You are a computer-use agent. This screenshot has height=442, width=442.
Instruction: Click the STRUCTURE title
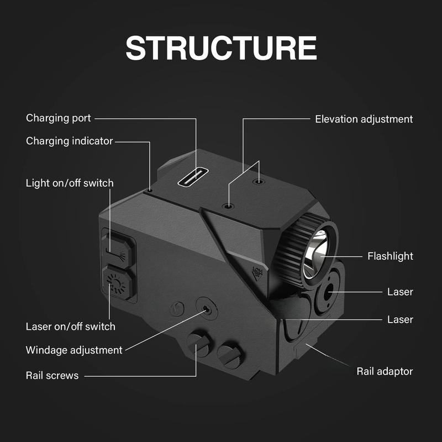221,48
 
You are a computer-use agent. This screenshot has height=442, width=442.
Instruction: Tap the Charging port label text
59,118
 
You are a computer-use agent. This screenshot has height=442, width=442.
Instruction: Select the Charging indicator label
69,141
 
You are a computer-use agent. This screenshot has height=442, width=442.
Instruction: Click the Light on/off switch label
70,182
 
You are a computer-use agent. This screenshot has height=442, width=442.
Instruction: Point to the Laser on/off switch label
71,326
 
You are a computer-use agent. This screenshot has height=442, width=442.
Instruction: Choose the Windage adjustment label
74,350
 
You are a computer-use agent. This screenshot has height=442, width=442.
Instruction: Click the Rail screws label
52,376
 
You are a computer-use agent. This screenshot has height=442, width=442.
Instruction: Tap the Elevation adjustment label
364,119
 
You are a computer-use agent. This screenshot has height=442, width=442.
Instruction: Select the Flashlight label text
390,256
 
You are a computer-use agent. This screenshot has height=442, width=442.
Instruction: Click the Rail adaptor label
385,371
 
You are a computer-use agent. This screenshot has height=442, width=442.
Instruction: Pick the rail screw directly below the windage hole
198,345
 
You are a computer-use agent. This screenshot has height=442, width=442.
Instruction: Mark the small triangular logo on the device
256,272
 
